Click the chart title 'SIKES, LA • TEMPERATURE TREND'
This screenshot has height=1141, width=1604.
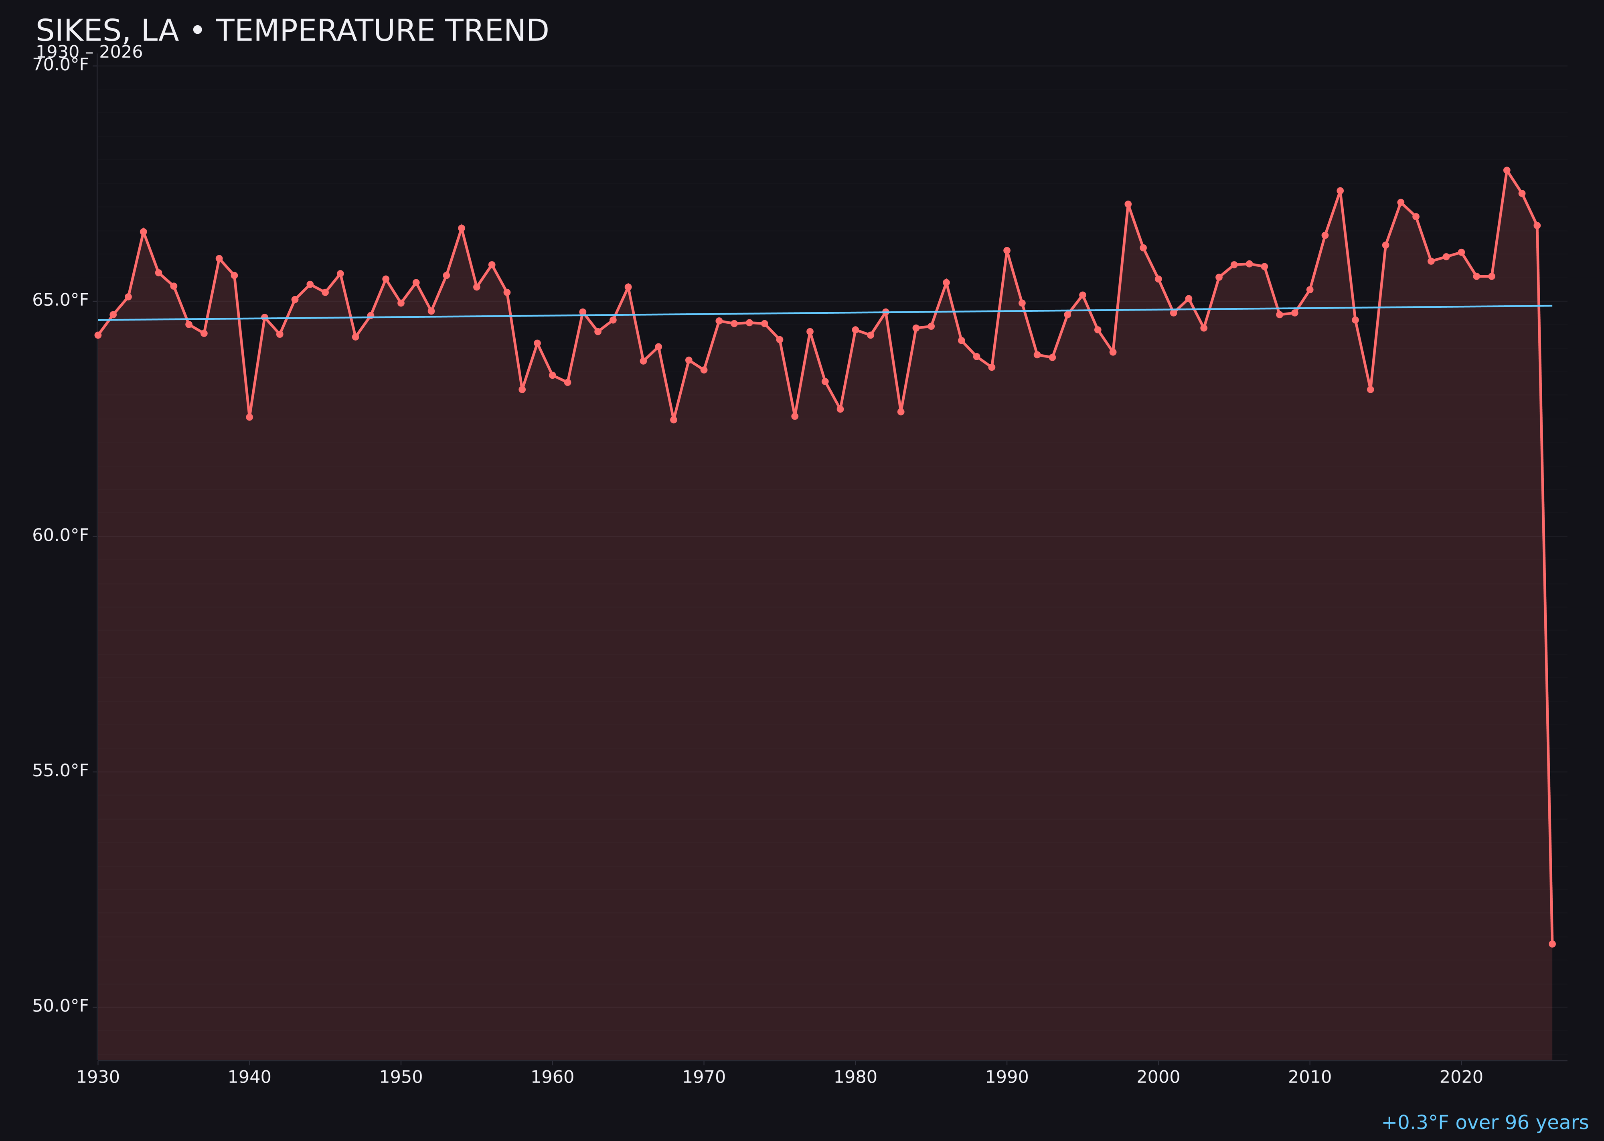point(292,31)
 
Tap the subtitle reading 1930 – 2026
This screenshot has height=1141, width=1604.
point(89,53)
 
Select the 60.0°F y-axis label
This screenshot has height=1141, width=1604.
point(61,535)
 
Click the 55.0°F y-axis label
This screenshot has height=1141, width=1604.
point(61,771)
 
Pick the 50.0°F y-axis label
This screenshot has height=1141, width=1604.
point(61,1006)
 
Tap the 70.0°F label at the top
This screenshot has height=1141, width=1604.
point(61,65)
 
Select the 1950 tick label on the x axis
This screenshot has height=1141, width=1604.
point(401,1077)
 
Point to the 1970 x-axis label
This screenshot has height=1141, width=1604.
point(704,1077)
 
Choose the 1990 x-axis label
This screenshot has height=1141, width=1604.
point(1007,1077)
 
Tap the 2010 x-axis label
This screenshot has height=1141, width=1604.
point(1310,1077)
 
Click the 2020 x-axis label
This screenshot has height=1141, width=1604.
point(1461,1077)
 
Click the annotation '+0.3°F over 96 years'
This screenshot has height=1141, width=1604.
point(1485,1123)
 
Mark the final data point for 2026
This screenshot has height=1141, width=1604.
point(1552,944)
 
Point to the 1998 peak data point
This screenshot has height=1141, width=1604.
point(1128,205)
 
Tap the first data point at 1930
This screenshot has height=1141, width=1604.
point(98,335)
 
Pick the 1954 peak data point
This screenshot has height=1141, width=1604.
point(462,228)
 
